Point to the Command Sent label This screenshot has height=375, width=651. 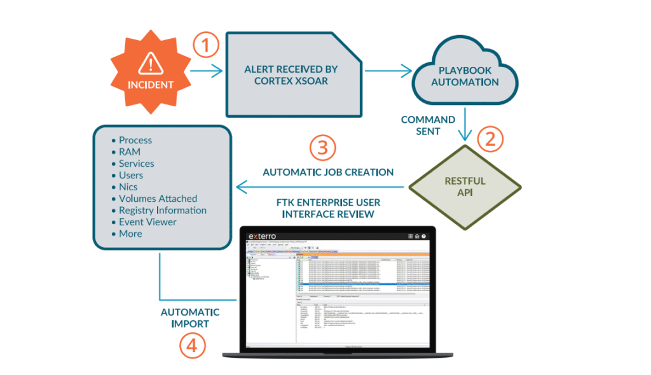click(x=428, y=125)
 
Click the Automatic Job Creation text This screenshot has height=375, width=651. click(x=328, y=172)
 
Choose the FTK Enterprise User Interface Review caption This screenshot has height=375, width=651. click(x=328, y=208)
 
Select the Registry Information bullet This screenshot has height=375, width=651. click(x=162, y=210)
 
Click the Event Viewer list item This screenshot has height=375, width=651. click(x=147, y=222)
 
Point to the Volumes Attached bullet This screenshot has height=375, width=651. click(x=158, y=199)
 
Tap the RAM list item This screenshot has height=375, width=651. click(x=130, y=152)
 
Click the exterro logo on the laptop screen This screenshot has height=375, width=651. click(x=268, y=236)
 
